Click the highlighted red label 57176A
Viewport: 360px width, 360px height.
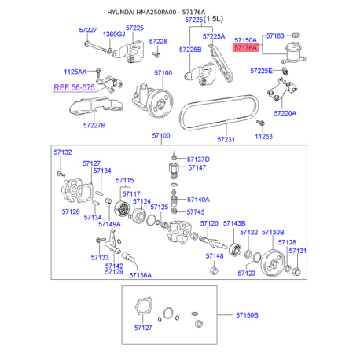tap(246, 48)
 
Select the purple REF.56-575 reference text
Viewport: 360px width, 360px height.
tap(74, 87)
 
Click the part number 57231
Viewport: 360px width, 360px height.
tap(226, 139)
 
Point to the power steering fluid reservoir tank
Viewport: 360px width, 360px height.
tap(294, 53)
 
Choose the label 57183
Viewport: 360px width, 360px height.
tap(275, 35)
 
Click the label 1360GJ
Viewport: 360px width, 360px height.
tap(114, 35)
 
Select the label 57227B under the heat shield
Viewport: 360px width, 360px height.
tap(94, 125)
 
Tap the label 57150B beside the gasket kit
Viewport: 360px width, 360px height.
tap(247, 315)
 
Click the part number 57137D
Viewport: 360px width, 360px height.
tap(198, 160)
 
